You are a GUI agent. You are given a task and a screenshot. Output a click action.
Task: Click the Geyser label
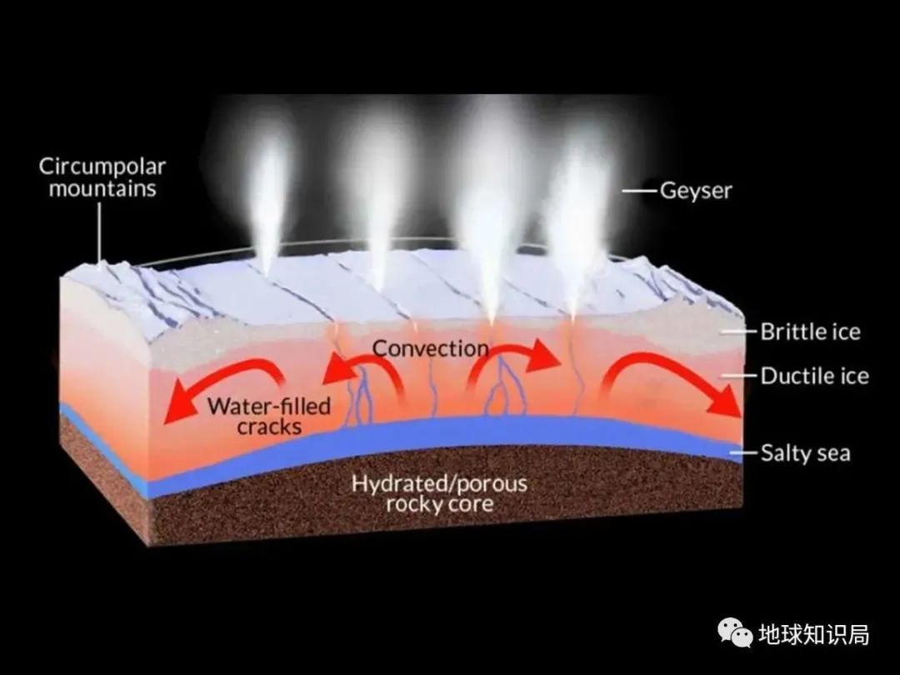[x=696, y=191]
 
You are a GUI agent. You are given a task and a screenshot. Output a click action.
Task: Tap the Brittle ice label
[x=809, y=332]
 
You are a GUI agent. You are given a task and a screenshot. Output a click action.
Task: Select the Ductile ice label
[x=814, y=376]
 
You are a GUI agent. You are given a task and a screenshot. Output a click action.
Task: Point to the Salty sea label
[x=805, y=453]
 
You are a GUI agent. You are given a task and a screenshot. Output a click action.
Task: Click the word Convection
[x=430, y=347]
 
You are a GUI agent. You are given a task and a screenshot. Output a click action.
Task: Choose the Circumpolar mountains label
[x=102, y=177]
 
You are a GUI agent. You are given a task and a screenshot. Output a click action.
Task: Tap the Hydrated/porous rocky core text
[x=439, y=493]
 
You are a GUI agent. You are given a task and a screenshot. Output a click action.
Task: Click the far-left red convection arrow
[x=217, y=385]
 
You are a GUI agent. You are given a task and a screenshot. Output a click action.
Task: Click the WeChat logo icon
[x=736, y=635]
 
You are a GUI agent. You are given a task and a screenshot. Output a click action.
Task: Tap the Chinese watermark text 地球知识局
[x=813, y=635]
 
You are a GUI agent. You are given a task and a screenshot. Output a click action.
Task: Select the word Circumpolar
[x=102, y=166]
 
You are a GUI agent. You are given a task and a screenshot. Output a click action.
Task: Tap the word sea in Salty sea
[x=831, y=453]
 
